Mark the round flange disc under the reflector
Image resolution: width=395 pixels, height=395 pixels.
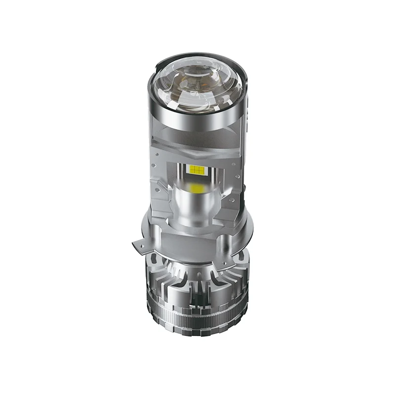tap(197, 237)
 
